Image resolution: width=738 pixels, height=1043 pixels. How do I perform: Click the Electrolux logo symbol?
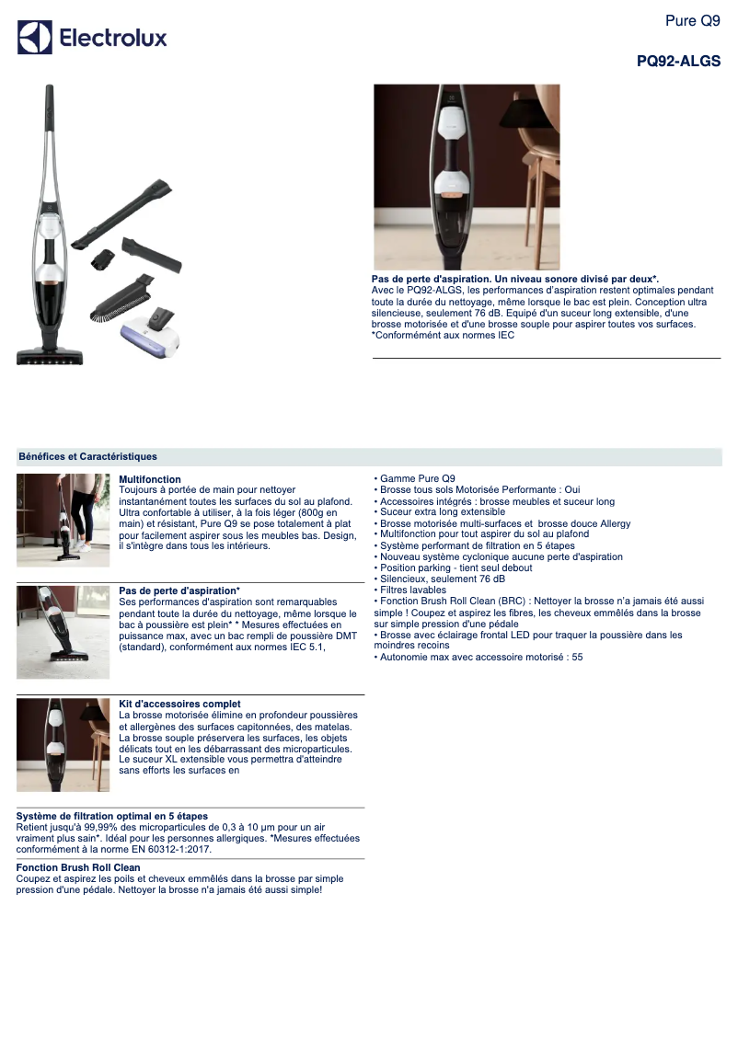point(35,38)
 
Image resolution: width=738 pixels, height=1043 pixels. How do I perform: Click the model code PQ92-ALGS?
point(678,62)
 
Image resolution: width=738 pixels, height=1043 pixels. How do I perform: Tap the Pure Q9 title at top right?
point(692,20)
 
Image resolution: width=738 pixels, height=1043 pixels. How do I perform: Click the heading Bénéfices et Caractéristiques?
point(87,457)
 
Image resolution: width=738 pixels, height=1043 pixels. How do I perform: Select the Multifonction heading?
point(150,479)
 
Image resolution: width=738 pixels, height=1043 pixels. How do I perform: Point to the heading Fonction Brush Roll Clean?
point(78,867)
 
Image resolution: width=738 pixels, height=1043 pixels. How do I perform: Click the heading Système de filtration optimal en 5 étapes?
point(112,816)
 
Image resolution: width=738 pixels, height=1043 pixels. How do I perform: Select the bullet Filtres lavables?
point(413,590)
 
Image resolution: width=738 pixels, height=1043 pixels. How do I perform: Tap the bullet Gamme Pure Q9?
point(417,479)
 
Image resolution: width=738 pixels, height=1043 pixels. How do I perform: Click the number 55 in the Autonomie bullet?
point(577,657)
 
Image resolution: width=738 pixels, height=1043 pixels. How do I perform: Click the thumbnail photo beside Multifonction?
point(63,520)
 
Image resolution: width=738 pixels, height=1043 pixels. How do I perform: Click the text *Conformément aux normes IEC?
point(443,335)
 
